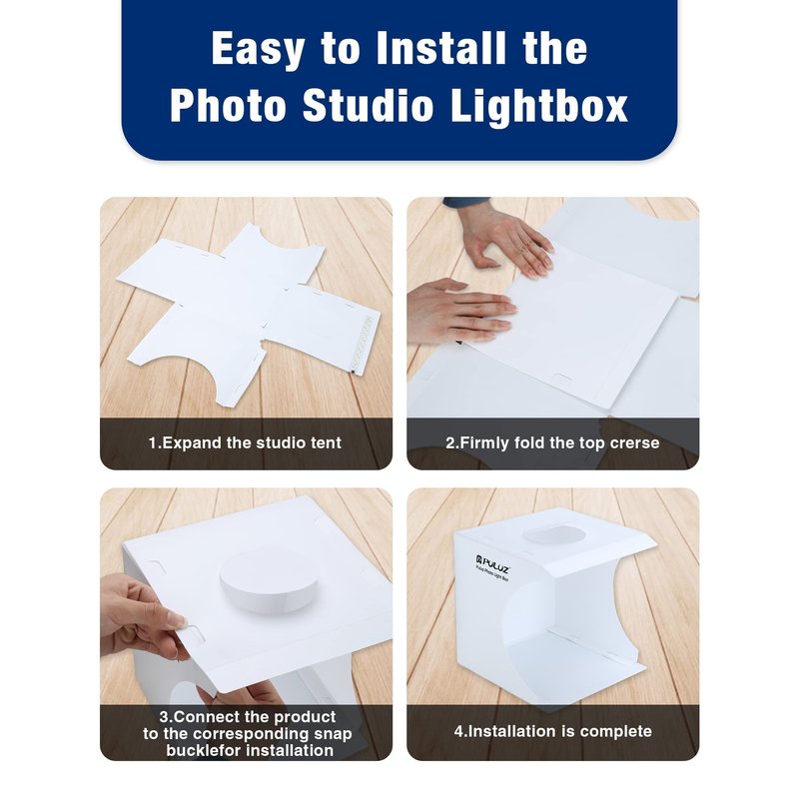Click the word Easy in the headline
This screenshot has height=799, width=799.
(x=259, y=49)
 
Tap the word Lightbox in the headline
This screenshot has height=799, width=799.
(x=539, y=106)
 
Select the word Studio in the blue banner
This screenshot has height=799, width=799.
(x=368, y=105)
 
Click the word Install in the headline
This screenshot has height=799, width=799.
(x=441, y=48)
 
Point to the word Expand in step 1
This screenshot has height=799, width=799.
(x=192, y=442)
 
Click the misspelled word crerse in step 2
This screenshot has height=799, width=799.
(x=634, y=442)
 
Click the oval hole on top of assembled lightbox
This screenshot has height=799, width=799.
(x=554, y=535)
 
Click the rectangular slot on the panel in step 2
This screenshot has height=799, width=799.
(x=562, y=379)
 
